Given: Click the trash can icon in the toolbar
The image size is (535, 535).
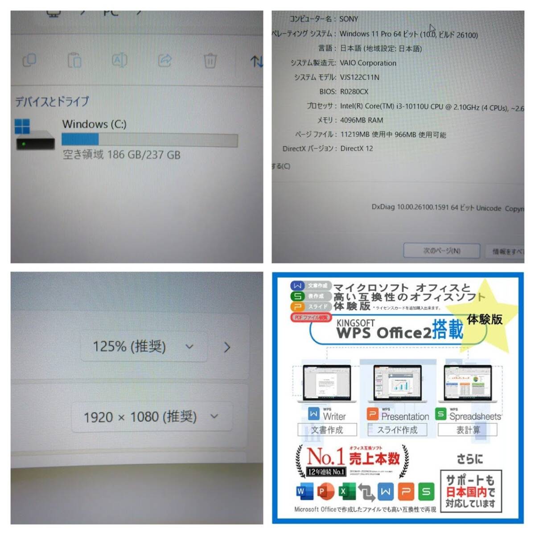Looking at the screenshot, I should click(x=210, y=60).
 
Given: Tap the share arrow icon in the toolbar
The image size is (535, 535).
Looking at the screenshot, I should click(x=165, y=60).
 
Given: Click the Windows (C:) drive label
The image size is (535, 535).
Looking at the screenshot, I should click(x=94, y=124).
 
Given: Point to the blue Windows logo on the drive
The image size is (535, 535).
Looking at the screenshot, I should click(x=22, y=126).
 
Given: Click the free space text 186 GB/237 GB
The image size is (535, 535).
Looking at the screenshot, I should click(x=121, y=155).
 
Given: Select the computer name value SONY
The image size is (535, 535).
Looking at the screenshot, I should click(x=349, y=19).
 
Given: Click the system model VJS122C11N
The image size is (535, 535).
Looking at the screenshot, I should click(x=359, y=77).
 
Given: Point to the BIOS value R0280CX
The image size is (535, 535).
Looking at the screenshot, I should click(x=354, y=91).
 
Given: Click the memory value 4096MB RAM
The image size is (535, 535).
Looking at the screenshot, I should click(x=361, y=120).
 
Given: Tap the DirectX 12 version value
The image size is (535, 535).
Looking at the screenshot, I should click(x=356, y=148).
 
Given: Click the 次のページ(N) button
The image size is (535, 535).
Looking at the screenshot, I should click(x=441, y=251).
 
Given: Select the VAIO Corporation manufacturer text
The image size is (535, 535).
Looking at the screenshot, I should click(x=368, y=63).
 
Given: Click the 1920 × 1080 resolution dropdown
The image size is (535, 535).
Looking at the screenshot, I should click(x=152, y=417).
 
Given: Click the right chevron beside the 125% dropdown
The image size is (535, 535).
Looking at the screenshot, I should click(x=227, y=347).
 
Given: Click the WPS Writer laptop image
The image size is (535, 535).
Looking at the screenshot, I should click(x=327, y=383).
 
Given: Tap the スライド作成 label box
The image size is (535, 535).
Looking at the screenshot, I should click(x=397, y=430).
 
